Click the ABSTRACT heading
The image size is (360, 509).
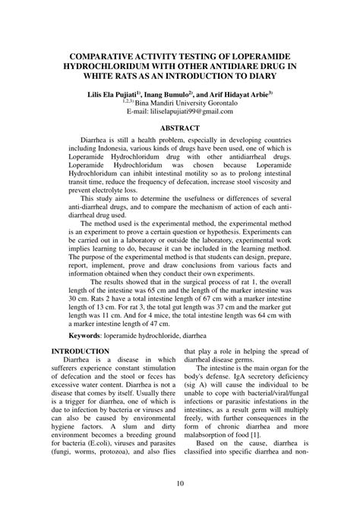[179, 129]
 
